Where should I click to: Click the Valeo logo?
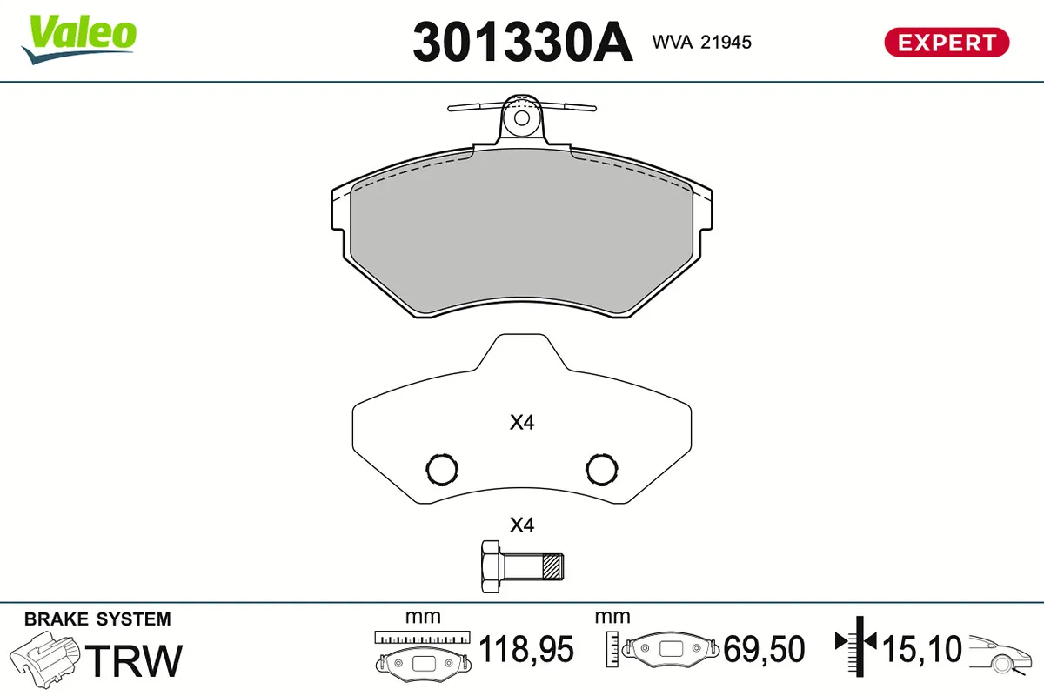[79, 39]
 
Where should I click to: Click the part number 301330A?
[523, 42]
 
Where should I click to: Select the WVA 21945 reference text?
[701, 43]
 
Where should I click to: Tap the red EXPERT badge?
[947, 43]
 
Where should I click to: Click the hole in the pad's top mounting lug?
[521, 118]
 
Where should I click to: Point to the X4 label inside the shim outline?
[521, 422]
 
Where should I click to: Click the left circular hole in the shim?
[442, 469]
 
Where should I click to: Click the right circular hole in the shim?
[602, 469]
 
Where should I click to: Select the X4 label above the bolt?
[521, 525]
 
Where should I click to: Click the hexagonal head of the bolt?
[491, 567]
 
